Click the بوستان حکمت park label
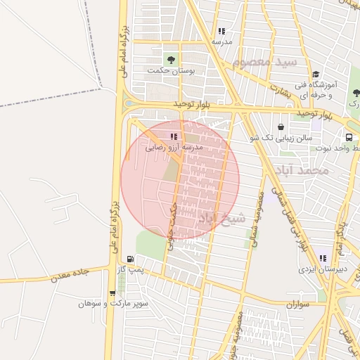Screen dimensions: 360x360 170,70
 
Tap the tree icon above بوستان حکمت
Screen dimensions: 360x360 170,58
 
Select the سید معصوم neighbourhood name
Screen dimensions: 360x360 268,63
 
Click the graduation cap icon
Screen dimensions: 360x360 316,74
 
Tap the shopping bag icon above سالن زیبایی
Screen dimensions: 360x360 281,127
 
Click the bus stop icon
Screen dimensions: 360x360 349,137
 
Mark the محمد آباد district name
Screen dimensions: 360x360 303,171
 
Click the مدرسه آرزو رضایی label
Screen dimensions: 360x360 174,148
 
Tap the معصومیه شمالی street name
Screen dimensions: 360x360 256,219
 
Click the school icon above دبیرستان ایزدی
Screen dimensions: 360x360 323,258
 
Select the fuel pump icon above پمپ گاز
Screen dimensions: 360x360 129,258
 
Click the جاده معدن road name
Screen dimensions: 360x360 70,276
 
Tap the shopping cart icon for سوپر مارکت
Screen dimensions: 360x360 112,293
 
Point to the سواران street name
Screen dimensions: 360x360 298,306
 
